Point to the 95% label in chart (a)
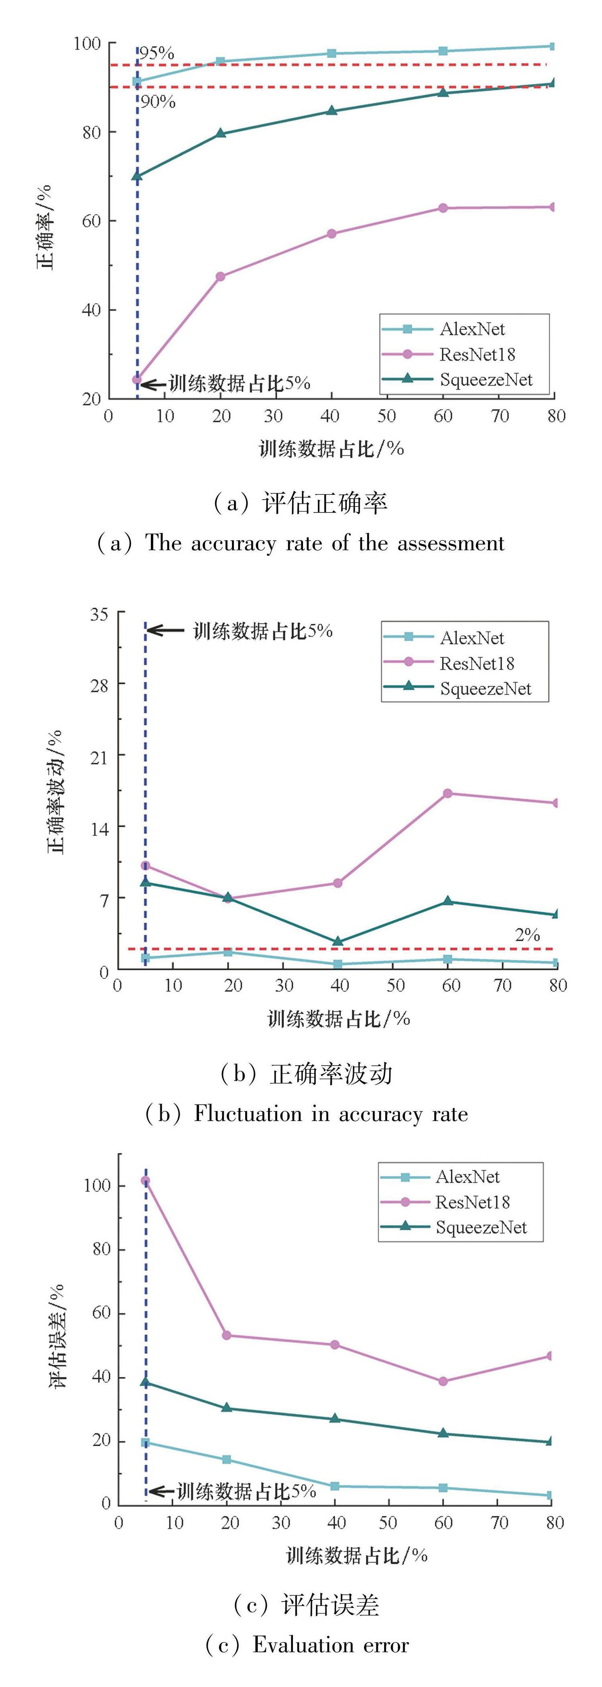tap(157, 53)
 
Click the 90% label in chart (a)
tap(158, 102)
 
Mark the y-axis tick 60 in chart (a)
tap(91, 221)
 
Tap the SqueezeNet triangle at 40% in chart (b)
tap(338, 941)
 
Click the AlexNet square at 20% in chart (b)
tap(228, 952)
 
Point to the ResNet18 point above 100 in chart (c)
tap(145, 1181)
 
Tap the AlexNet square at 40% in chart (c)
tap(335, 1486)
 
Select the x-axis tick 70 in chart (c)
tap(499, 1523)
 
